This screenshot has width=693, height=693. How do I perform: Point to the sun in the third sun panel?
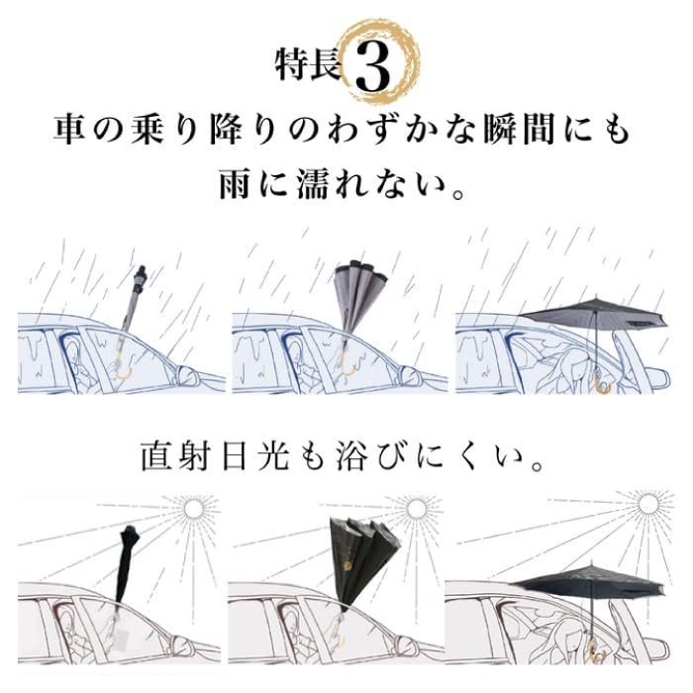(648, 505)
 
